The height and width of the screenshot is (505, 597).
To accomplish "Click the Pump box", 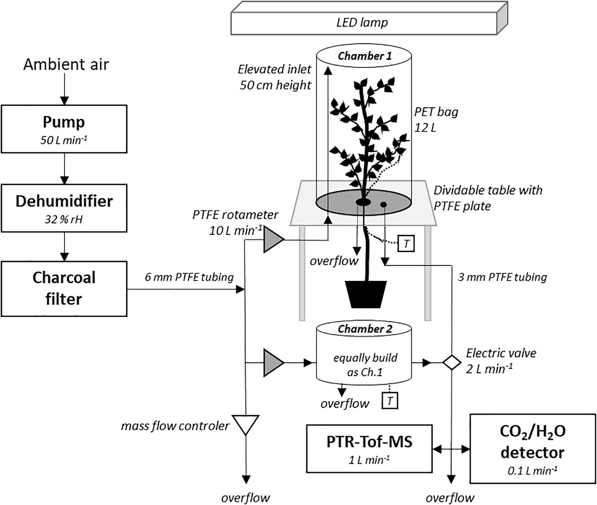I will [64, 129].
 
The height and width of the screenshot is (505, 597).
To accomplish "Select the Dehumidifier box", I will [64, 208].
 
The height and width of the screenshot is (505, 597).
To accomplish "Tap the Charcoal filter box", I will [64, 288].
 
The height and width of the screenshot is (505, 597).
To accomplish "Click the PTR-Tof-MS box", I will [369, 449].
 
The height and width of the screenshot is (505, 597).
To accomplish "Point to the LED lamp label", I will [362, 22].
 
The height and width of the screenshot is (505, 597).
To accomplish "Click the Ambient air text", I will [66, 65].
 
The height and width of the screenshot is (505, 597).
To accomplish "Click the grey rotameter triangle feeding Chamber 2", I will [272, 363].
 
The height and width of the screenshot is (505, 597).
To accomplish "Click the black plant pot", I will [366, 294].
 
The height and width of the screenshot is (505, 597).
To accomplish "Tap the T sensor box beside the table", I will [406, 244].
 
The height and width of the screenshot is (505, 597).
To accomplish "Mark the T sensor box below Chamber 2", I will [390, 401].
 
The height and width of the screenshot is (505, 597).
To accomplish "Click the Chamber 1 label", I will [364, 56].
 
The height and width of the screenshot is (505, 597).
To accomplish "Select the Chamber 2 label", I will [364, 329].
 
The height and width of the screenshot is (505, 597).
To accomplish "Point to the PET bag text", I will [436, 112].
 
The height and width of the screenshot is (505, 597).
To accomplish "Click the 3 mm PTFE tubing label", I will [502, 277].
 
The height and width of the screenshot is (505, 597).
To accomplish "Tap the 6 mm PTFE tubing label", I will [189, 277].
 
